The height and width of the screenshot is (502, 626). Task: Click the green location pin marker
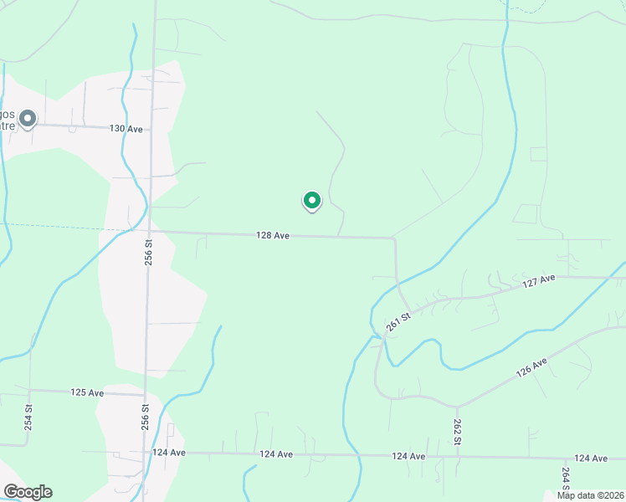click(311, 201)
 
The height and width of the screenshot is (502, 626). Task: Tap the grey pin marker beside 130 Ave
click(28, 120)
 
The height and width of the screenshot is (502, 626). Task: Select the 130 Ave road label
click(126, 129)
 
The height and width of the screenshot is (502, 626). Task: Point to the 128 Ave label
click(273, 236)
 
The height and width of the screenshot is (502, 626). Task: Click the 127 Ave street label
click(539, 282)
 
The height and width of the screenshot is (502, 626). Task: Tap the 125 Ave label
click(87, 392)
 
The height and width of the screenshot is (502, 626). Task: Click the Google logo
click(28, 492)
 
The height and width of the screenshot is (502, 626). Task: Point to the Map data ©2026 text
click(589, 495)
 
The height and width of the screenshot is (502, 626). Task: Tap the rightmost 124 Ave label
click(591, 458)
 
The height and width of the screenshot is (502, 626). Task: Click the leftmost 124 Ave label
click(169, 453)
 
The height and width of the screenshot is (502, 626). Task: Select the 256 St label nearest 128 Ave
click(148, 254)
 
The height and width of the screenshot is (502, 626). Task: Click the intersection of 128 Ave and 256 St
click(151, 232)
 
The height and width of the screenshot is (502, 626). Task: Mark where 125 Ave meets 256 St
click(146, 394)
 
